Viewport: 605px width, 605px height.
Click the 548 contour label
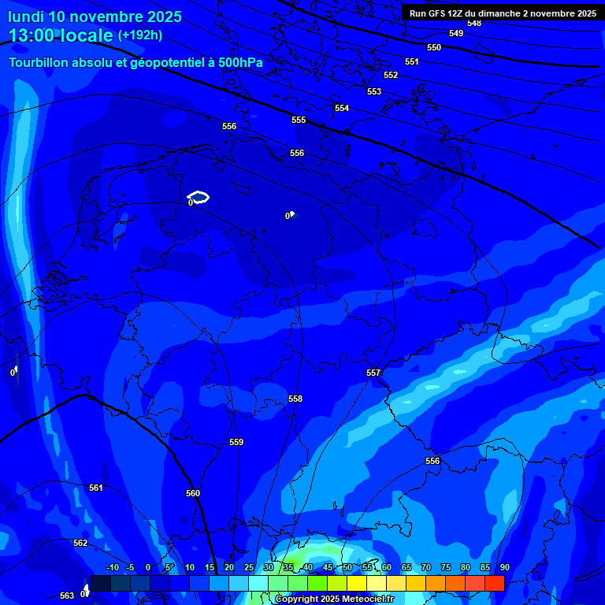tap(473, 23)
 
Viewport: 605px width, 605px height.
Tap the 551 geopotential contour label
tap(412, 61)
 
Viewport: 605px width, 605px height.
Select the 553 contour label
tap(374, 91)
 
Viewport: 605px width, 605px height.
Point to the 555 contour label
tap(299, 120)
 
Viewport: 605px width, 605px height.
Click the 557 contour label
tap(373, 373)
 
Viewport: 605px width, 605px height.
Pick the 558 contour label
tap(295, 399)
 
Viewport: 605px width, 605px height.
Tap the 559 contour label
tap(236, 442)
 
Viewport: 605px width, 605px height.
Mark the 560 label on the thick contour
tap(193, 493)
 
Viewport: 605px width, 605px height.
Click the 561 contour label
tap(96, 488)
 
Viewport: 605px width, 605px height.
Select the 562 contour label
tap(80, 543)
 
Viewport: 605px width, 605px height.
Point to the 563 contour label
tap(67, 596)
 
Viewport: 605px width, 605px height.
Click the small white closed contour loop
tap(199, 196)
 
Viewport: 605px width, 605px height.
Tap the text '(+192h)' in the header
tap(140, 35)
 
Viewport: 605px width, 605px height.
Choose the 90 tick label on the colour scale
tap(504, 567)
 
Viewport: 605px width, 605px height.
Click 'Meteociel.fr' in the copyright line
tap(368, 599)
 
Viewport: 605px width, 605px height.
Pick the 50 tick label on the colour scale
tap(347, 567)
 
